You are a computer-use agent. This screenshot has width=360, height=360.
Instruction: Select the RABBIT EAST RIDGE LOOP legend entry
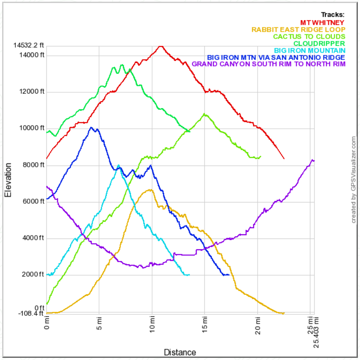298,30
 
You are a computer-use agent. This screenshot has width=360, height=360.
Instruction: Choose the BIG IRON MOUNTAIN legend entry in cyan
310,50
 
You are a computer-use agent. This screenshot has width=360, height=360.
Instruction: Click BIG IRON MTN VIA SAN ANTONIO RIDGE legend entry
276,57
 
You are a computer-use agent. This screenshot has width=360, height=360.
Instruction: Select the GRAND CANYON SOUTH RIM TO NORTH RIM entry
269,64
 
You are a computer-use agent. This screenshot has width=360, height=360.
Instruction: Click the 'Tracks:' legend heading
333,15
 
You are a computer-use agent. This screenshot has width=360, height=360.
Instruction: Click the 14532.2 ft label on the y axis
29,45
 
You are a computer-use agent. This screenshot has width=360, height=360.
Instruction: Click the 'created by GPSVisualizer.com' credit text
354,180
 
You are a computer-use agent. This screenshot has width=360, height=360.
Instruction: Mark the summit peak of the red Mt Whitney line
161,46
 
